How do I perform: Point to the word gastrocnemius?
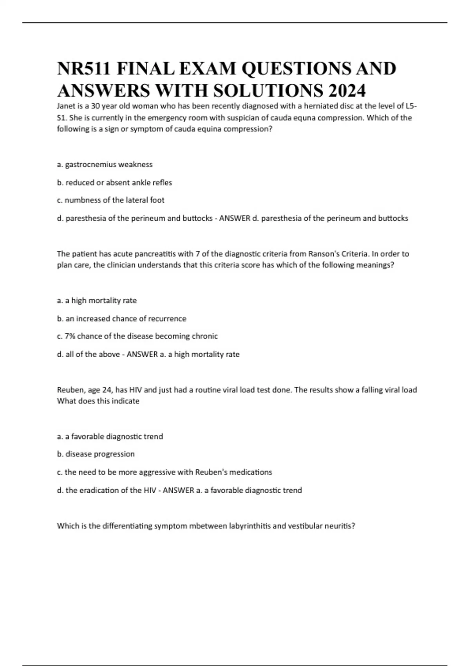(x=90, y=165)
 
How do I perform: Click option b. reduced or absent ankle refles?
(x=114, y=183)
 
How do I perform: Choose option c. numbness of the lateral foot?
(x=110, y=200)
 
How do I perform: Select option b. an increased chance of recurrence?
(x=121, y=319)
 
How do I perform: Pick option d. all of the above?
(x=88, y=354)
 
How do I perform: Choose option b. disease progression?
(x=96, y=454)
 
